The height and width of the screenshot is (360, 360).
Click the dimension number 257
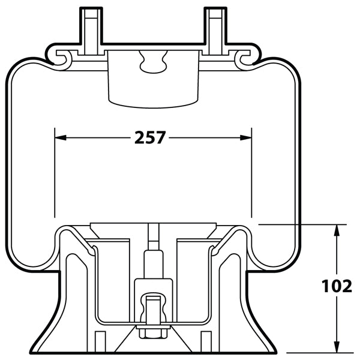click(149, 138)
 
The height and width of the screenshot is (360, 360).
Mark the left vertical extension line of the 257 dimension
click(55, 174)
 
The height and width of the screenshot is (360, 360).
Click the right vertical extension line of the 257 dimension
click(251, 174)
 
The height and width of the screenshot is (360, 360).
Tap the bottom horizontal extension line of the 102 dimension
click(312, 352)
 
